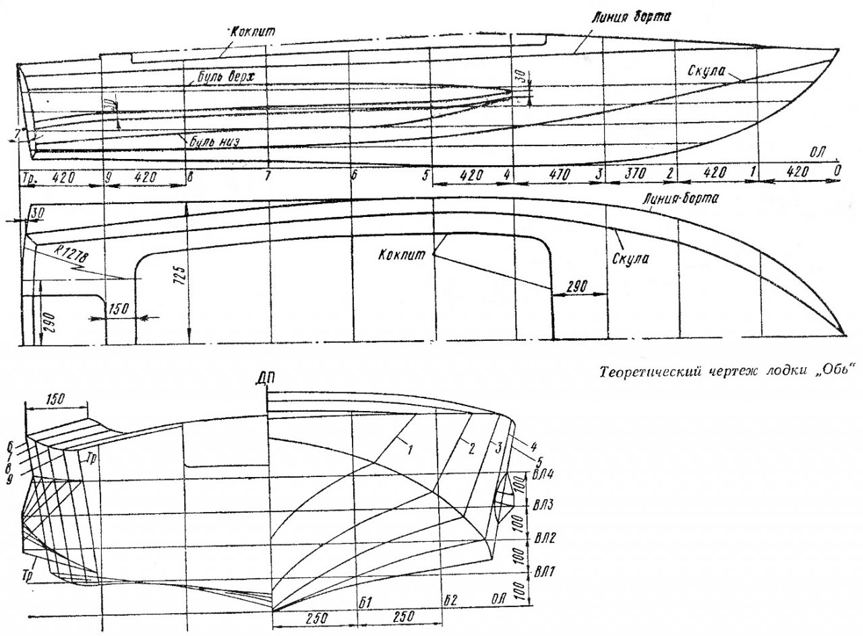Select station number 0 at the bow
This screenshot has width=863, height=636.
tap(837, 171)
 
